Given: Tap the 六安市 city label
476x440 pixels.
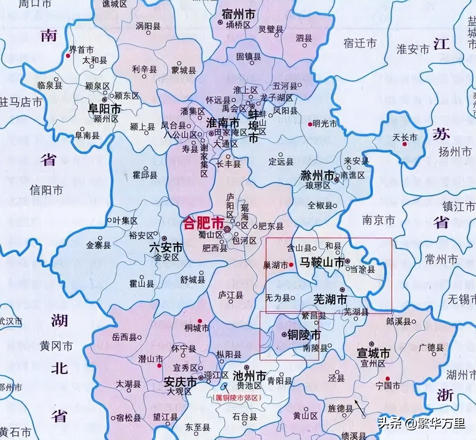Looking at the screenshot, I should [165, 248].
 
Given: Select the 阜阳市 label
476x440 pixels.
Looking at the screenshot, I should [105, 109].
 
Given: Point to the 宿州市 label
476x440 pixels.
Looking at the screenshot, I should [239, 15].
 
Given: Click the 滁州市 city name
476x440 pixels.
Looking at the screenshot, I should [317, 175].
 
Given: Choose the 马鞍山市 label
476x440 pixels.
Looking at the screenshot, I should [322, 262].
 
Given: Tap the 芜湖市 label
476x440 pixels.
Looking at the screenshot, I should [330, 299].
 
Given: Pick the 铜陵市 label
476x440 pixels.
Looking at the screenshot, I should [304, 334].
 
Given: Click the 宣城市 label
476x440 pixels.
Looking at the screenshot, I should [373, 353].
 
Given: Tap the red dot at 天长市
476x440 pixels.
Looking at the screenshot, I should [405, 144].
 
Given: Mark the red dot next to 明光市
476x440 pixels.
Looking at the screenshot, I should [310, 124].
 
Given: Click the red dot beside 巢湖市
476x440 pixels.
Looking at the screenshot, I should [291, 265].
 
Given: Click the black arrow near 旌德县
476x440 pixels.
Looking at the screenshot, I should [359, 405].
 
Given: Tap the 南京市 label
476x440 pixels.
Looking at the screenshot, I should [378, 220].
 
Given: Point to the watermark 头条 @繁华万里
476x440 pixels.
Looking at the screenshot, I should [421, 423].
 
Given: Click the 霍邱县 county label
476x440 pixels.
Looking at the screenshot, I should [145, 175].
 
